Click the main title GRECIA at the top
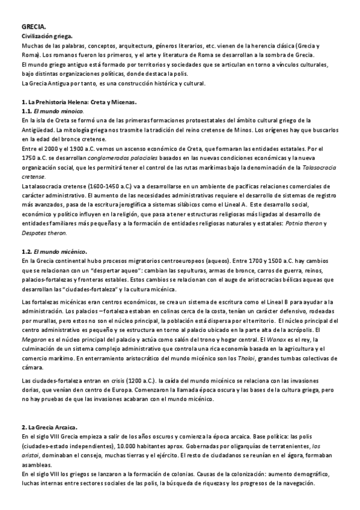click(34, 27)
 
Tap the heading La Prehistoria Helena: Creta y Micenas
click(79, 102)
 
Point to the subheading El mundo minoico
click(58, 111)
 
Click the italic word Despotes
click(35, 233)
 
